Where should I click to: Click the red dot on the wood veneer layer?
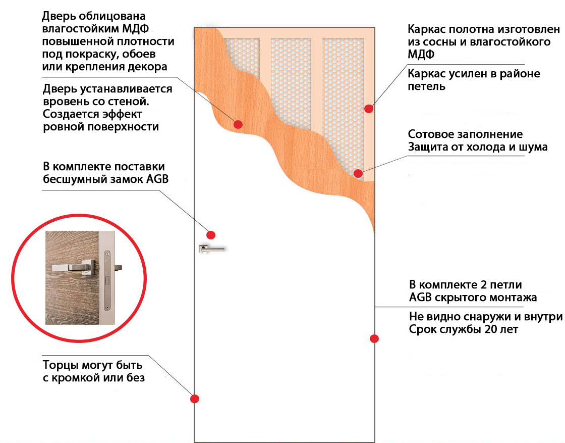coord(238,124)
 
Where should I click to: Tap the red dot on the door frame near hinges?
coord(369,109)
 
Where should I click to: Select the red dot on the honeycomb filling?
coord(358,174)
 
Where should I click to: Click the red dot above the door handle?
coord(211,235)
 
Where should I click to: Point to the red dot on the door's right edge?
coord(374,339)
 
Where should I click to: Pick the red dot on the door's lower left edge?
coord(195,399)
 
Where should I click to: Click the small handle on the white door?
coord(212,249)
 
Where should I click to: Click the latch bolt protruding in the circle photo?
coord(118,268)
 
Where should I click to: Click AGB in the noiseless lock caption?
coord(157,179)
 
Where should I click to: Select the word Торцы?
coord(61,365)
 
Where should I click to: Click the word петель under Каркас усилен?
coord(427,86)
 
